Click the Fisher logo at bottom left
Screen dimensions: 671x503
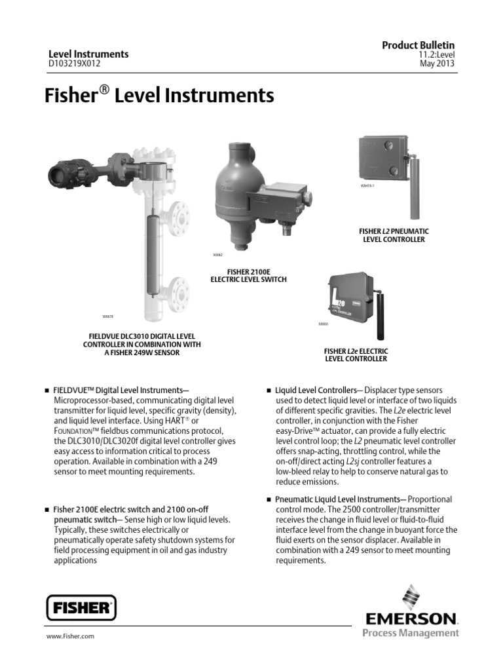coord(81,607)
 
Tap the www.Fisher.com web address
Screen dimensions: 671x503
coord(69,636)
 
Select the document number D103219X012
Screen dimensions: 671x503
coord(75,64)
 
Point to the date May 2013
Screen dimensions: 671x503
coord(437,64)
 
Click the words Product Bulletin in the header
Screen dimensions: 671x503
coord(418,44)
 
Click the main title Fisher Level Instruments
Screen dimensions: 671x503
coord(158,96)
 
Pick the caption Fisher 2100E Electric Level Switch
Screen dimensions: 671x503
coord(248,275)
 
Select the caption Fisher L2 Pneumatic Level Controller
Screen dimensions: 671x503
coord(394,235)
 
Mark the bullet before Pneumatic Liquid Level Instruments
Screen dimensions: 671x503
coord(269,500)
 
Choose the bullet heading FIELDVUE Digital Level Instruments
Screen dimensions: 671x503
coord(125,391)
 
